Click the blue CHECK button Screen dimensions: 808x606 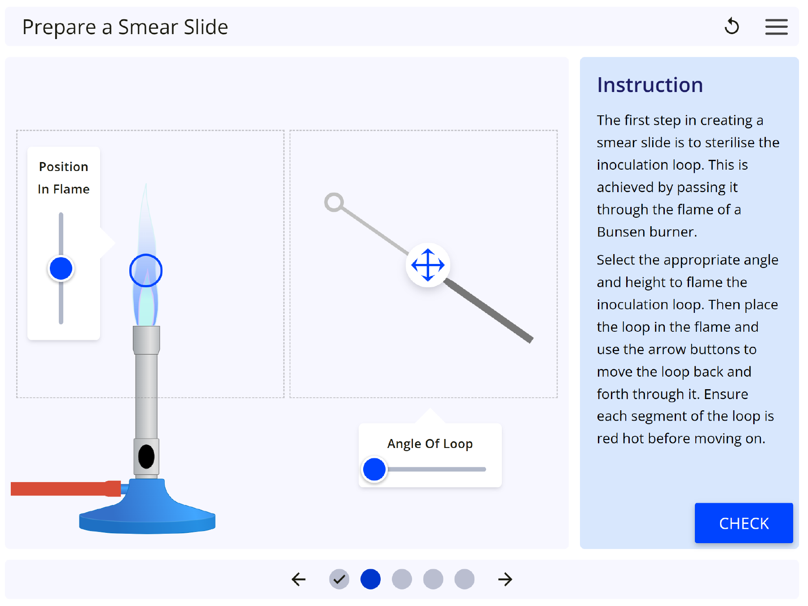click(743, 523)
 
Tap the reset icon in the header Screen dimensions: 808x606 click(732, 26)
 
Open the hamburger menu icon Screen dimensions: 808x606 click(776, 27)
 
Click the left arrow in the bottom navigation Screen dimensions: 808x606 click(299, 579)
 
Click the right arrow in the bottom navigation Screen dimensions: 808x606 click(505, 579)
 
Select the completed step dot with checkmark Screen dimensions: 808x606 click(339, 579)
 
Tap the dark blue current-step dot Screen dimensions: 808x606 click(370, 579)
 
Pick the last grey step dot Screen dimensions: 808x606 click(464, 579)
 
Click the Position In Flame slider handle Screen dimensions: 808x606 click(61, 268)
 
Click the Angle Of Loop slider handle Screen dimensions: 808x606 click(374, 470)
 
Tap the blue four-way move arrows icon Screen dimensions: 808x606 click(428, 265)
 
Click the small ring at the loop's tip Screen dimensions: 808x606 click(334, 202)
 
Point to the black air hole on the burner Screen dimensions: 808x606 click(146, 457)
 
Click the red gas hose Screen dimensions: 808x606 click(66, 488)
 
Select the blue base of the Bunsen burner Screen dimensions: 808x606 click(147, 509)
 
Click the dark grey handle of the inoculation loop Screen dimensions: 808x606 click(488, 311)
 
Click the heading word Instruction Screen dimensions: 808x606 click(650, 85)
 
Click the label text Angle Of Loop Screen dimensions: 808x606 click(430, 444)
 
